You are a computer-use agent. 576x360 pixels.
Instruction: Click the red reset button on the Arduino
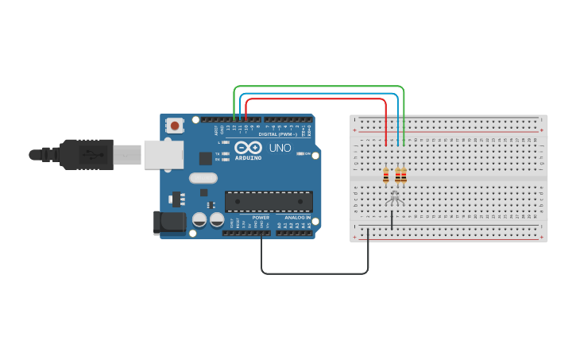[x=174, y=125]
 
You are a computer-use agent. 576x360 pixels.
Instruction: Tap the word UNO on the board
[x=280, y=148]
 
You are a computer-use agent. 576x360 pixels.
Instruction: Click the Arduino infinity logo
[x=249, y=147]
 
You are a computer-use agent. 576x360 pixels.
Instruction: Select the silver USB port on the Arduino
[x=163, y=155]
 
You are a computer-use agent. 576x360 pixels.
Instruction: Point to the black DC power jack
[x=169, y=222]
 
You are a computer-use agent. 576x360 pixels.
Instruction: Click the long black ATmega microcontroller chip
[x=269, y=201]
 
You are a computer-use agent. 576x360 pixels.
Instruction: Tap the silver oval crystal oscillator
[x=203, y=178]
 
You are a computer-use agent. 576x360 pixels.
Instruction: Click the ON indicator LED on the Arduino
[x=300, y=153]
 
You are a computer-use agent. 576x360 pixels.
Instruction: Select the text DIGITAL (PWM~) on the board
[x=277, y=134]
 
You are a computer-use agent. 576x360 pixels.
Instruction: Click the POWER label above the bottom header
[x=261, y=217]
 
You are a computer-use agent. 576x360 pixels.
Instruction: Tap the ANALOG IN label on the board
[x=298, y=217]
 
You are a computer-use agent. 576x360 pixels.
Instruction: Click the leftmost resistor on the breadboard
[x=386, y=176]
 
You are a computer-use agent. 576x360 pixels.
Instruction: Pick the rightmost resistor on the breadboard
[x=404, y=176]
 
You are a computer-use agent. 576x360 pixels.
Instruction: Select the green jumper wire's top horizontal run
[x=318, y=87]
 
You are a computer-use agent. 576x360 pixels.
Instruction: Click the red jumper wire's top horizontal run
[x=318, y=99]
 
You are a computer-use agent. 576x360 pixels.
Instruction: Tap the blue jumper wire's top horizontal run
[x=318, y=93]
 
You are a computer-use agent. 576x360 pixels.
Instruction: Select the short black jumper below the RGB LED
[x=392, y=220]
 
